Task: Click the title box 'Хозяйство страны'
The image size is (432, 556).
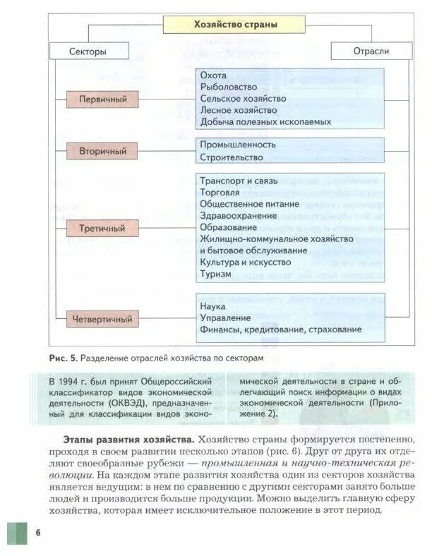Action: pos(234,25)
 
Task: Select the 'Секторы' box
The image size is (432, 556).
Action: pos(88,51)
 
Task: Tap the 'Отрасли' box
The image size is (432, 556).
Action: pos(371,51)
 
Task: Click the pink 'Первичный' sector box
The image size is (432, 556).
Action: pos(102,99)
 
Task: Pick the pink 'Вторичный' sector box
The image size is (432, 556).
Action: pos(102,150)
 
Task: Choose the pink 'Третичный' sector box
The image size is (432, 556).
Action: pos(102,229)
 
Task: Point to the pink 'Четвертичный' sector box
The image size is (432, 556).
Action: pos(102,319)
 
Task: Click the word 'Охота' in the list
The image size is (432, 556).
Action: pos(213,75)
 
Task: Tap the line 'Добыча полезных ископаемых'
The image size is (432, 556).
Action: pos(265,121)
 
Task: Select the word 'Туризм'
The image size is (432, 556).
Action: pos(215,273)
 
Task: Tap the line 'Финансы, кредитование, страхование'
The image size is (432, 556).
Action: pos(280,330)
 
